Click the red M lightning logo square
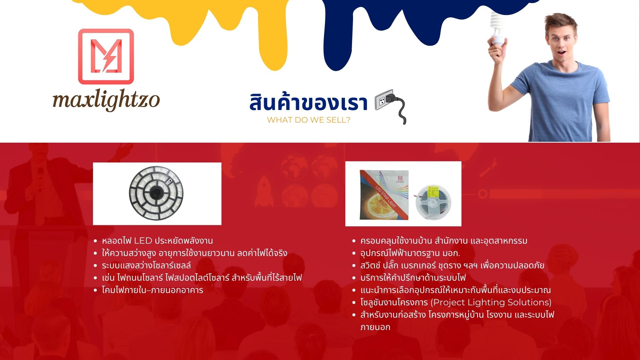[x=106, y=56]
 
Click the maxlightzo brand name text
[x=106, y=100]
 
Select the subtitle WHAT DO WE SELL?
[x=308, y=120]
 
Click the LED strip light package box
[x=384, y=195]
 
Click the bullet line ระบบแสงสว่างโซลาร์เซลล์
[x=146, y=265]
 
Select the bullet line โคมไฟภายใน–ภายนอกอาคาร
[x=152, y=290]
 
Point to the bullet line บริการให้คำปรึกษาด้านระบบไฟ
[x=413, y=278]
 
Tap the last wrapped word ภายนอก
[x=375, y=327]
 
